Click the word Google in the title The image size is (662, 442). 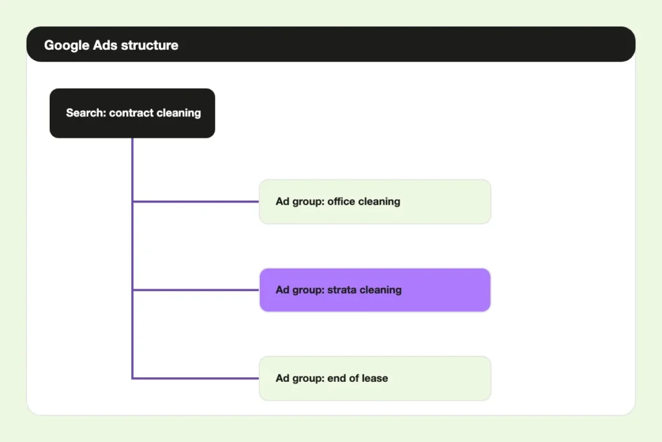tap(67, 46)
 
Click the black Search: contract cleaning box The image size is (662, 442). tap(133, 113)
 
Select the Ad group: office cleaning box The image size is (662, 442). tap(375, 201)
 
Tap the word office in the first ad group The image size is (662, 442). tap(341, 201)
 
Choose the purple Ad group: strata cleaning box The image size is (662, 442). tap(375, 290)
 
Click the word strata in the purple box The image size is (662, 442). tap(342, 290)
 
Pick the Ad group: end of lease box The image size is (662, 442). tap(375, 378)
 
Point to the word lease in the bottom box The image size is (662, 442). tap(374, 378)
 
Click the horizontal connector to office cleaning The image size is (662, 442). tap(196, 201)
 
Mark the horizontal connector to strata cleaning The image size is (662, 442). tap(196, 290)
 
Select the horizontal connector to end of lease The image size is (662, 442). tap(196, 378)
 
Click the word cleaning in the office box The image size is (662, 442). tap(379, 202)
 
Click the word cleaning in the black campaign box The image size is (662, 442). tap(178, 113)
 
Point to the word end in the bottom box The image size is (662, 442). tap(336, 378)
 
